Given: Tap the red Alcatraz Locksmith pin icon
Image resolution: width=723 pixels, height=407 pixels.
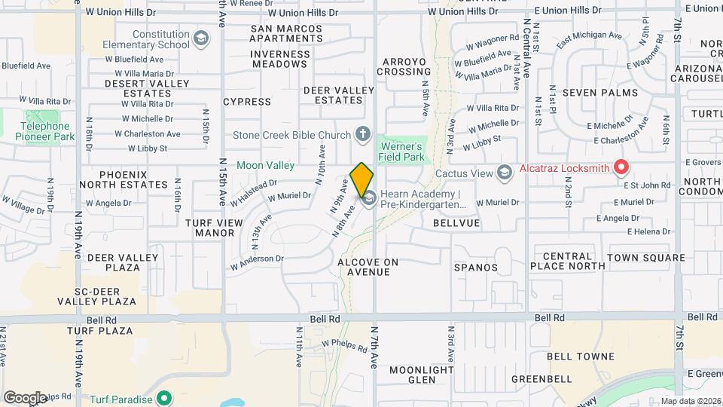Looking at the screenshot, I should point(622,167).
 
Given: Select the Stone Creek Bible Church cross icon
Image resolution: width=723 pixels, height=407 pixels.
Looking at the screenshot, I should point(363,136).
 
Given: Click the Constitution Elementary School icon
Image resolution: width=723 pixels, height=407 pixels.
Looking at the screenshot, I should point(200,39).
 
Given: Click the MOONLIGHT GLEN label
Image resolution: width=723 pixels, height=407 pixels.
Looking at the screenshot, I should point(422,375).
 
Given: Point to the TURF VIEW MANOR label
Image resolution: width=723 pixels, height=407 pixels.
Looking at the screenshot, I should point(215,228).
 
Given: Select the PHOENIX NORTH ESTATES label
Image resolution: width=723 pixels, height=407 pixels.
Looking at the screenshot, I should point(122,179).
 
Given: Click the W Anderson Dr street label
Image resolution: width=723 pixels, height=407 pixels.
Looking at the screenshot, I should point(257,262).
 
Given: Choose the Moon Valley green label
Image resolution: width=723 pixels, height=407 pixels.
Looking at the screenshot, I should point(264,164).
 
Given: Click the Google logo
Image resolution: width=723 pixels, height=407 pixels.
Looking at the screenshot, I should point(25,397).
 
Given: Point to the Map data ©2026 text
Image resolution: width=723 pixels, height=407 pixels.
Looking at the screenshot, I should point(691,401).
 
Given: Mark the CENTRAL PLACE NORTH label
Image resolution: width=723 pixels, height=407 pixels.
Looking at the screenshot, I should point(567,261).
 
